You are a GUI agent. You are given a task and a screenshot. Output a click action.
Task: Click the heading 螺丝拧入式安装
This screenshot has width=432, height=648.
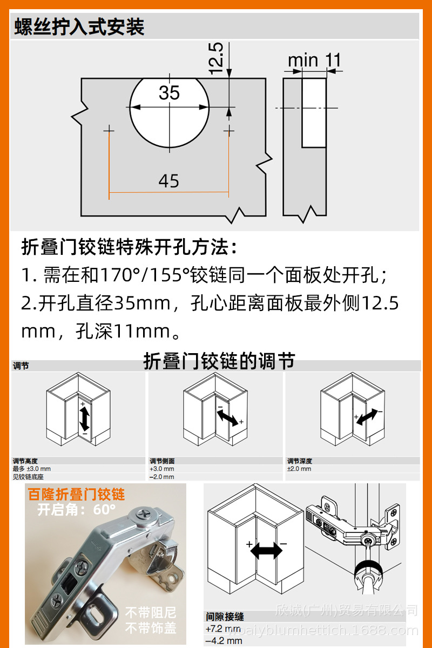point(79,26)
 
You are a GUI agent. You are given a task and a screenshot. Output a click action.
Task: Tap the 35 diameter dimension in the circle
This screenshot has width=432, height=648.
point(169,93)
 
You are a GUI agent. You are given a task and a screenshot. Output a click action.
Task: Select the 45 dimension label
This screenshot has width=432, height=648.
point(169,181)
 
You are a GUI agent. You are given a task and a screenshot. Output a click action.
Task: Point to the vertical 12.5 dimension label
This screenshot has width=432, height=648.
point(216,58)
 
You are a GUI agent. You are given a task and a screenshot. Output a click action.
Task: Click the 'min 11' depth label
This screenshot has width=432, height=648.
point(314,60)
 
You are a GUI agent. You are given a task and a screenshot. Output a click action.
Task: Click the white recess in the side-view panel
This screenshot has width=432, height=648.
point(314,112)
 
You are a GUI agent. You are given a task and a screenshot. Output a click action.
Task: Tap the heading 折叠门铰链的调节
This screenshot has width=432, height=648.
point(219,361)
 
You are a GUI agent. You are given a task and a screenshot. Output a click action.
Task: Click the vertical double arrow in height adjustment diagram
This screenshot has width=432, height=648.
point(85,418)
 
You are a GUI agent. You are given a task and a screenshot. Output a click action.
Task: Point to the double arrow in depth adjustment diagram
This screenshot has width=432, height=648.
point(368,416)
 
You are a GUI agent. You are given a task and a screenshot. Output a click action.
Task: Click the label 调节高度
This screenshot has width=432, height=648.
point(25,461)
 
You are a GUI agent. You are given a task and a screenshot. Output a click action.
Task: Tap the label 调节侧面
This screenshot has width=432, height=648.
point(162,461)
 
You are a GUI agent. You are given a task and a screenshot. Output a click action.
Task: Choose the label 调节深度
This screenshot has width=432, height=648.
point(300,461)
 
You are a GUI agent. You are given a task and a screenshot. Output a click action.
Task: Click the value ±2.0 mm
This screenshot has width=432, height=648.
point(299,469)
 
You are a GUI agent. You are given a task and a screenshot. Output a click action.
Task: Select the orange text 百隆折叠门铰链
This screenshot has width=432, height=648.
point(77,495)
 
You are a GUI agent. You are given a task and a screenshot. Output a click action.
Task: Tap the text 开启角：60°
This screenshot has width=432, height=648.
point(77,509)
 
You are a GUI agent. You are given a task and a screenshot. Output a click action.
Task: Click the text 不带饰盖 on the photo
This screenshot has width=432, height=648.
point(151,628)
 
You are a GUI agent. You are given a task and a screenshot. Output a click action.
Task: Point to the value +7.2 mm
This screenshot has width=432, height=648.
point(223,629)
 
